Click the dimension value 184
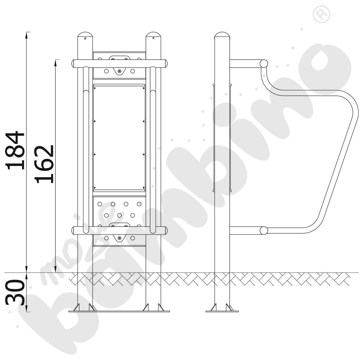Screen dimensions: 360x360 pos(15,150)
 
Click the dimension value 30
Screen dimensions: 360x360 pos(15,292)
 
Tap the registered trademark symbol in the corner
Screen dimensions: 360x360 pos(321,14)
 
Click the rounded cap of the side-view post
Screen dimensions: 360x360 pos(222,36)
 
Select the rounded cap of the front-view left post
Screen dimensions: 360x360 pos(85,36)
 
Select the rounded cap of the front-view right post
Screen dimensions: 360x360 pos(153,36)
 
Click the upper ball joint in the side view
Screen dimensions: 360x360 pos(264,64)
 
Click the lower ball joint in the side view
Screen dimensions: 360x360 pos(264,230)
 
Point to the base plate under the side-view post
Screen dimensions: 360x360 pos(222,311)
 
